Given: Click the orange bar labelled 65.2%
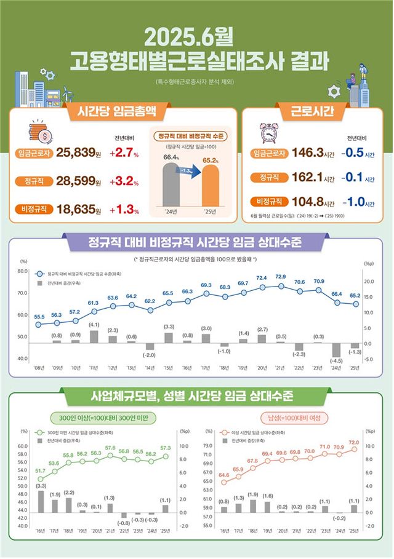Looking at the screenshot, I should [x=206, y=187].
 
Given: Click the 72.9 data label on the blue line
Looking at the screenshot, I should [x=281, y=276].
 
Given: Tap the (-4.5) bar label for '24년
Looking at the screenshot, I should [x=336, y=360].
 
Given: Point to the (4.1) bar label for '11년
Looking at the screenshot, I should [x=94, y=324].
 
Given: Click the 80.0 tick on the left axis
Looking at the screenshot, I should [x=23, y=271].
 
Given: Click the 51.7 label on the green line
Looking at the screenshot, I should [x=41, y=471].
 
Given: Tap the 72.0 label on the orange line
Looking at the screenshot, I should [x=354, y=442].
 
